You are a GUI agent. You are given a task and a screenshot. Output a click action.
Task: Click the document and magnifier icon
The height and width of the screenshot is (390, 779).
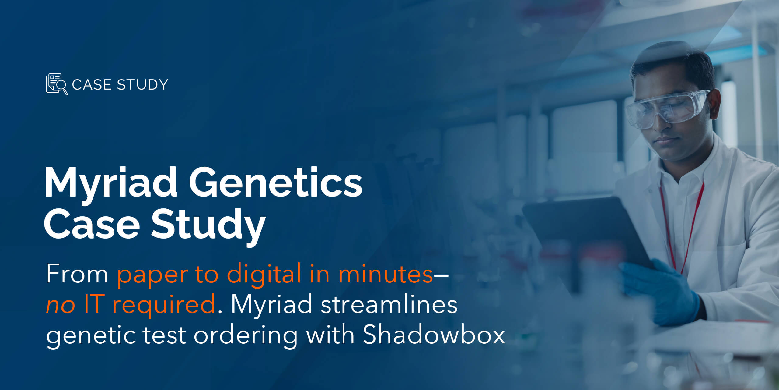point(57,84)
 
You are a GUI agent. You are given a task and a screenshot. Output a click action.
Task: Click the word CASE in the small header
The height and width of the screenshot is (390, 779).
point(91,85)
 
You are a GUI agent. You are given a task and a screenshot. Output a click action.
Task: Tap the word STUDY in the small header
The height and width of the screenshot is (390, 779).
point(142,85)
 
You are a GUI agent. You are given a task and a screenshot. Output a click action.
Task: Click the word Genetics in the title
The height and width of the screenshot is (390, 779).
point(276,182)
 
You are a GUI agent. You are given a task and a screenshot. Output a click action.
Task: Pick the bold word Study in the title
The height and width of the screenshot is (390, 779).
point(208,227)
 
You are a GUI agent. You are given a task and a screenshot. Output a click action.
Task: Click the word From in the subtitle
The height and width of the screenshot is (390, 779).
point(77,274)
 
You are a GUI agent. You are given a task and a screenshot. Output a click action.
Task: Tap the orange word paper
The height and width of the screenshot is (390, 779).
point(152,277)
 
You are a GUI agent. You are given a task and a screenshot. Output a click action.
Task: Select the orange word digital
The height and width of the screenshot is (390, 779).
point(264,274)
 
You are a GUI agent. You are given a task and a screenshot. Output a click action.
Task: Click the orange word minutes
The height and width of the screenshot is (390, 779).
point(386,274)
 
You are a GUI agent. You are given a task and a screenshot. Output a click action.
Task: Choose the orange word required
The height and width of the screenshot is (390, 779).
point(164,306)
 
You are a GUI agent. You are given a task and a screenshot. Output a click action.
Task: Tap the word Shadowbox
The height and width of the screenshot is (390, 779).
point(434,335)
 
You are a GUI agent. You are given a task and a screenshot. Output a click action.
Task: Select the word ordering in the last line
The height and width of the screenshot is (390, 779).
point(246,337)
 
